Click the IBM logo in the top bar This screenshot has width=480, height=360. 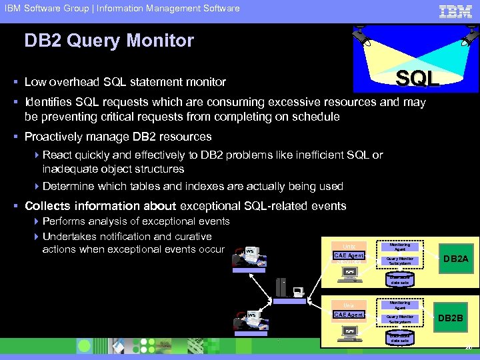(455, 11)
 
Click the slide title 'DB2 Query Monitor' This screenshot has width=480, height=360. (109, 41)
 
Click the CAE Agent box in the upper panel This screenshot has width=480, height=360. (348, 255)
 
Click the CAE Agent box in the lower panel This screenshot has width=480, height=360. (348, 314)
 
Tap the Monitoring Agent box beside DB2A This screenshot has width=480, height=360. (400, 246)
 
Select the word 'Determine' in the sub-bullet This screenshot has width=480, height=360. (70, 186)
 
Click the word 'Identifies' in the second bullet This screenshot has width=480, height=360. (49, 103)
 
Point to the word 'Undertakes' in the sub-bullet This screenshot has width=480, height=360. (71, 237)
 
